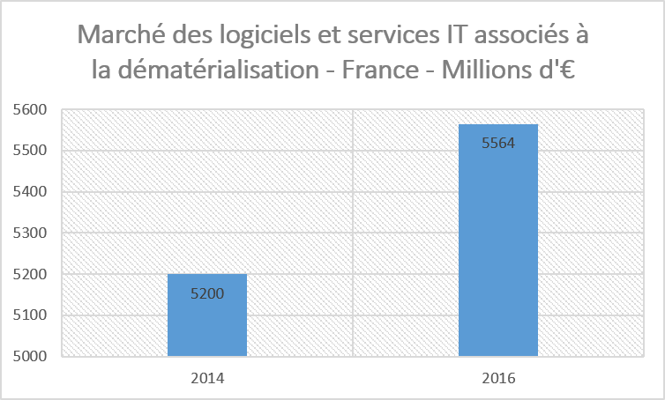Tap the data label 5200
(207, 293)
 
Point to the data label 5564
(498, 144)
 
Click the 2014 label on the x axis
(207, 379)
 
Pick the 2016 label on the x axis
(498, 379)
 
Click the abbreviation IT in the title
(451, 37)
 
